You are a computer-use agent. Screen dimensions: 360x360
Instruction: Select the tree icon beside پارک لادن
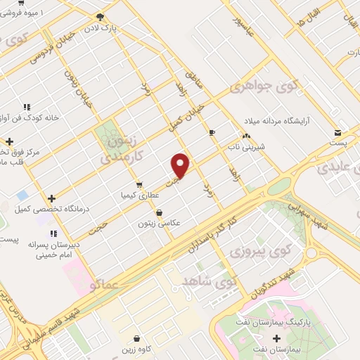[101, 16]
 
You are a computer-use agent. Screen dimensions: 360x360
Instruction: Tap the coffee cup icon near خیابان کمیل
[212, 132]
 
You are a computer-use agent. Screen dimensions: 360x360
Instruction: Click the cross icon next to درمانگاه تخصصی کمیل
[51, 198]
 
